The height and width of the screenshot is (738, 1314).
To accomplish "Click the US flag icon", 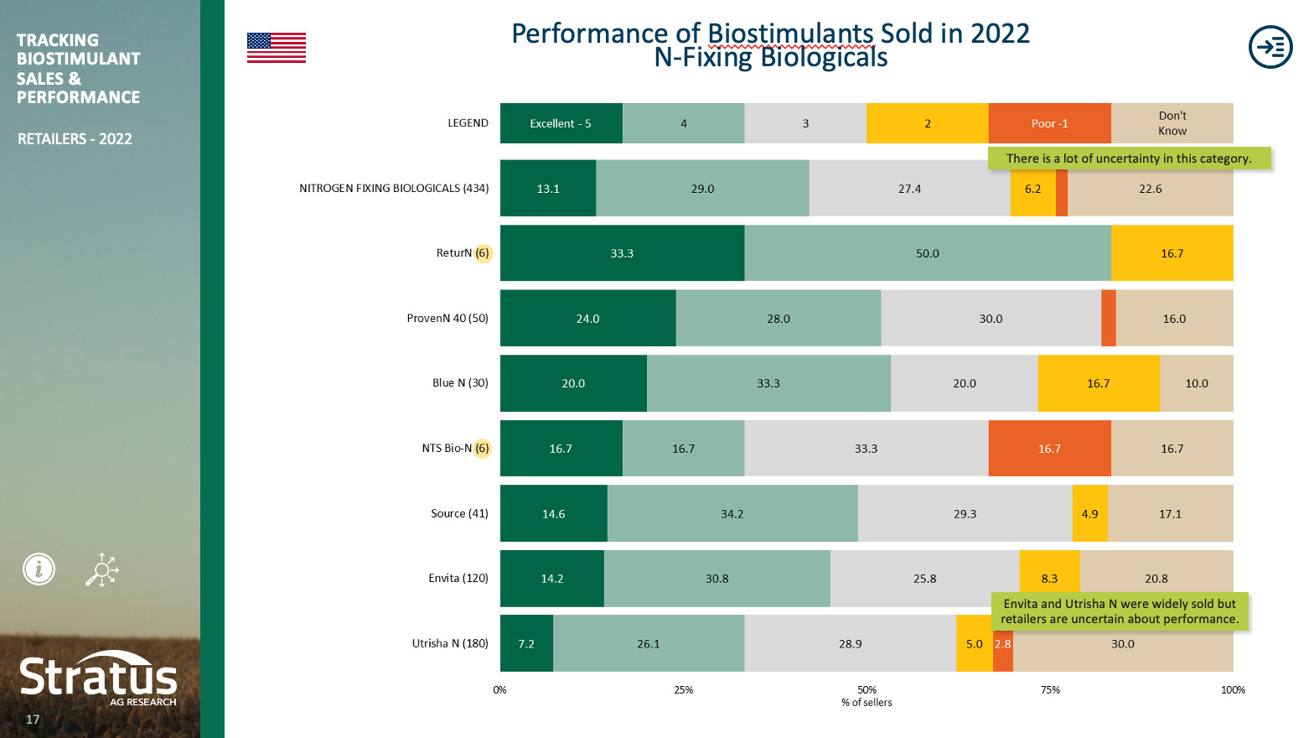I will pos(276,48).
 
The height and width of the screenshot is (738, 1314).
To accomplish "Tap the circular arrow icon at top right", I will pos(1270,47).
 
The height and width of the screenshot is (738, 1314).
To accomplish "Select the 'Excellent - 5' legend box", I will pos(561,123).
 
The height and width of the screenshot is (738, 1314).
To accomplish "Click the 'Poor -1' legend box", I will pos(1049,123).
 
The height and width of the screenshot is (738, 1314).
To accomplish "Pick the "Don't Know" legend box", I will pos(1172,123).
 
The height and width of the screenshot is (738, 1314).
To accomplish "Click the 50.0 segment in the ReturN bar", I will pos(927,253).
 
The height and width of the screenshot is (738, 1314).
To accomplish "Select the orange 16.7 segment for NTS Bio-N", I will pos(1049,449).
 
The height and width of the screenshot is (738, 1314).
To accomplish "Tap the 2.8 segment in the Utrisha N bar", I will pos(1003,644).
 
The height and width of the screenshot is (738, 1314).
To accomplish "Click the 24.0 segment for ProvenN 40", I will pos(587,319).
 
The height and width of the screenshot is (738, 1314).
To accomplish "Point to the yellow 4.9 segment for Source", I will pos(1089,514).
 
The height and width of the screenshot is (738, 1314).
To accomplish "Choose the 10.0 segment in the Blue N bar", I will pos(1196,383).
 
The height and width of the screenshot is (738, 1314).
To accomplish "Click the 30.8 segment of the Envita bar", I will pos(716,579).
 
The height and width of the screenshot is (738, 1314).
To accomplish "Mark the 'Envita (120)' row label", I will pos(458,578).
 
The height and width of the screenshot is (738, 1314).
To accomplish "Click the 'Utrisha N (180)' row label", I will pos(450,643).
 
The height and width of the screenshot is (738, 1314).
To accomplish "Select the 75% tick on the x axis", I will pos(1050,690).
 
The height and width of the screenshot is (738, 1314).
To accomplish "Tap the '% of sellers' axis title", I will pos(867,703).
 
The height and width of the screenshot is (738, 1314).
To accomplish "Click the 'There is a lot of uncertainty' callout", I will pos(1128,159).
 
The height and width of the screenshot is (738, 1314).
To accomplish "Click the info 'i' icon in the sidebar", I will pos(39,569).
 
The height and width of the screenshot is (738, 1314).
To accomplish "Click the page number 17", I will pos(33,720).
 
